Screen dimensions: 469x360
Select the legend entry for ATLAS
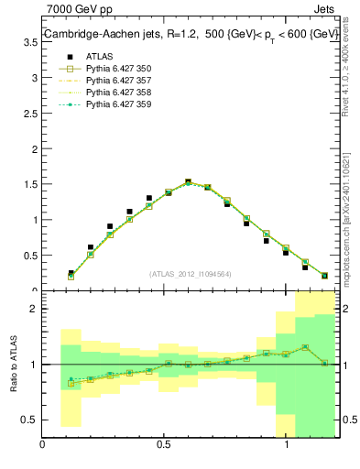coord(93,56)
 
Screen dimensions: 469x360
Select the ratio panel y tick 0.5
coord(29,420)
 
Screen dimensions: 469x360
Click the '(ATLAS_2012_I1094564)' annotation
coord(190,273)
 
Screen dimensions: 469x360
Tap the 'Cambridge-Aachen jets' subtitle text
coord(100,34)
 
